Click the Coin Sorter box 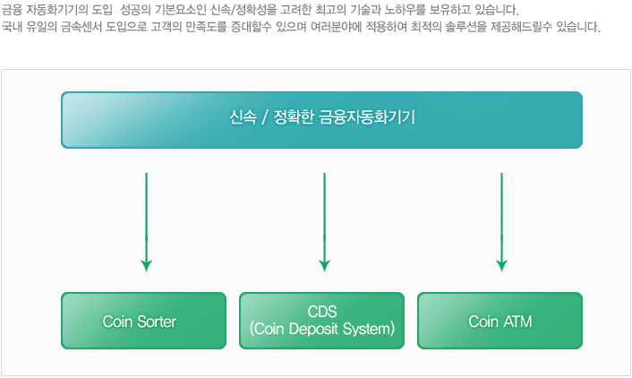point(143,321)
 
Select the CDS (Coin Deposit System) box point(321,321)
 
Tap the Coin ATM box point(500,321)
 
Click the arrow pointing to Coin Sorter point(146,222)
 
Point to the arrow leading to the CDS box point(324,222)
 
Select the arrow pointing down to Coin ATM point(502,222)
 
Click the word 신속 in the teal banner point(243,117)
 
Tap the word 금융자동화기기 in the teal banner point(367,117)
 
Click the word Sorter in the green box point(157,322)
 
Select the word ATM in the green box point(518,322)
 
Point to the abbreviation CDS point(322,312)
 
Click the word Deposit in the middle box point(313,330)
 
